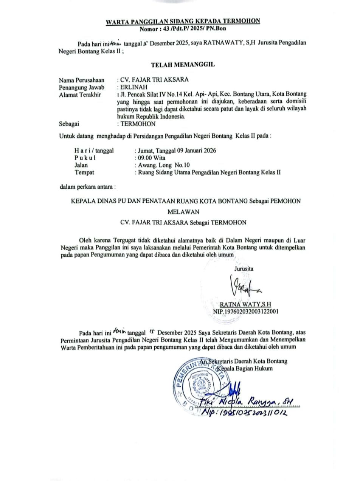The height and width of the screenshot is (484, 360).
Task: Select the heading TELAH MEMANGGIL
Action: coord(183,65)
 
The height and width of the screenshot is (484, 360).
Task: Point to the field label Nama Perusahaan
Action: coord(81,80)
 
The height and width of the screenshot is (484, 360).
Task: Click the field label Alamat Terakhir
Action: coord(80,94)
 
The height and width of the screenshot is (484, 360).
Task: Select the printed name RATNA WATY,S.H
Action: coord(248,304)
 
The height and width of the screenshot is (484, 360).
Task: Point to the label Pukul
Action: coord(85,158)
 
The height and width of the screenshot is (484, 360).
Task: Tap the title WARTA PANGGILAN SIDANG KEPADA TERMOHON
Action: coord(183,21)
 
